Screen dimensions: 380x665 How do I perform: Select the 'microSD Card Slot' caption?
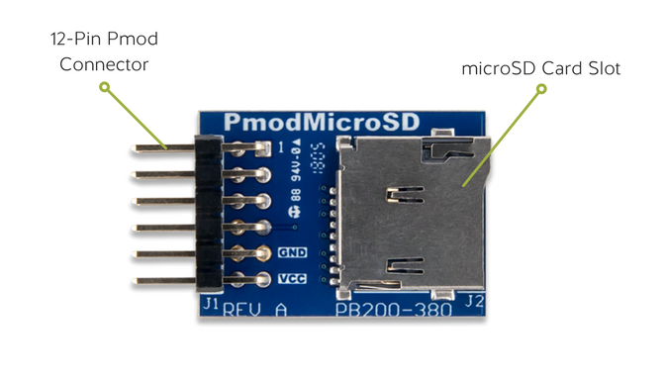click(540, 69)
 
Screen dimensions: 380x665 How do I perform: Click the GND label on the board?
click(293, 252)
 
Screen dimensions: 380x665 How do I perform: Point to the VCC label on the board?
click(293, 279)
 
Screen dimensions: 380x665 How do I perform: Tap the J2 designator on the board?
click(473, 300)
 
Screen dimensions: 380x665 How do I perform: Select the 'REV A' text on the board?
click(255, 309)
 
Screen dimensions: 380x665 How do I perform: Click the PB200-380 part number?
click(393, 309)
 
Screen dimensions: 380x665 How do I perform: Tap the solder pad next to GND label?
click(264, 253)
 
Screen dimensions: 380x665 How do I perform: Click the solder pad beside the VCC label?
click(264, 280)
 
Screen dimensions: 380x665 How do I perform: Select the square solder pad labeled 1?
click(262, 148)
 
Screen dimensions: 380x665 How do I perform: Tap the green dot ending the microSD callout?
click(541, 89)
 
